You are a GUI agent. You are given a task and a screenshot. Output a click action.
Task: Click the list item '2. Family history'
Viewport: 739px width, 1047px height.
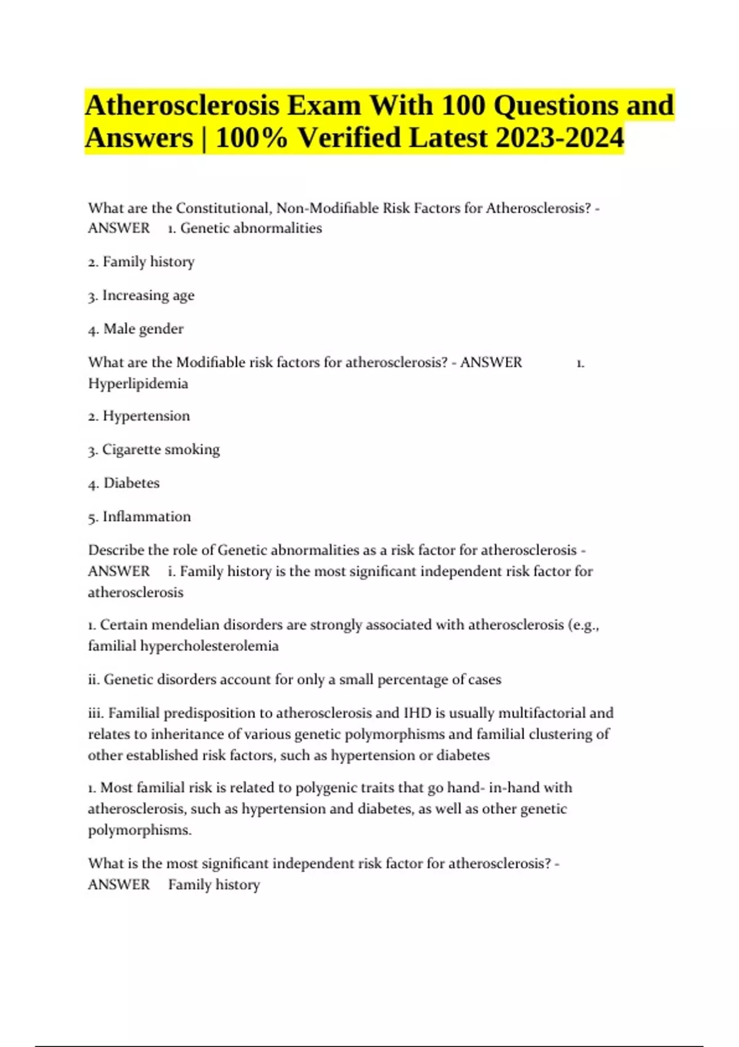click(x=141, y=262)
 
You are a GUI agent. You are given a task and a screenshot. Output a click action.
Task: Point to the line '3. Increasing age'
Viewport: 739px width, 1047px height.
click(x=141, y=296)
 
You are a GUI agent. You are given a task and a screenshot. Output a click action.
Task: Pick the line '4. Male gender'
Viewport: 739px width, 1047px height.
click(x=135, y=329)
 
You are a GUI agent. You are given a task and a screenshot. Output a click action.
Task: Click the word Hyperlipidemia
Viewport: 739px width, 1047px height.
click(x=138, y=384)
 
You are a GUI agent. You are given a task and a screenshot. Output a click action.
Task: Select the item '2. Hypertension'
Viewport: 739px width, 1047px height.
click(x=139, y=416)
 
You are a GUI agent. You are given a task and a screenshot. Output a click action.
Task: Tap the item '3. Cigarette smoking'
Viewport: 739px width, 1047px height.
click(x=153, y=450)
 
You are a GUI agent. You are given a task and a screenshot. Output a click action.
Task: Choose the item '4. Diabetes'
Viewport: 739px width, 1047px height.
click(x=124, y=483)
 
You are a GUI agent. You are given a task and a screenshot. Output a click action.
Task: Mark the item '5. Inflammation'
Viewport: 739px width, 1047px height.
click(x=139, y=517)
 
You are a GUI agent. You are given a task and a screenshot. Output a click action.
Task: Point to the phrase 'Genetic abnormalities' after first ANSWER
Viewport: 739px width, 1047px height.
click(x=251, y=228)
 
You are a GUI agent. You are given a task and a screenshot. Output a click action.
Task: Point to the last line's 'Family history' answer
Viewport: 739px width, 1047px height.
click(x=214, y=885)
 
